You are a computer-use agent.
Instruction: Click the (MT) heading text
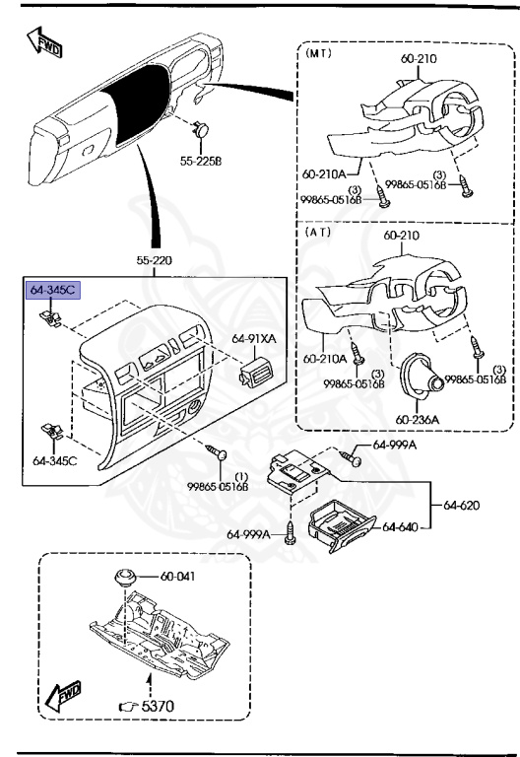[x=320, y=54]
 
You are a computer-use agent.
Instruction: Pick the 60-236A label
[x=419, y=418]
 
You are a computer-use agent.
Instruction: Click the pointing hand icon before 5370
[x=127, y=706]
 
